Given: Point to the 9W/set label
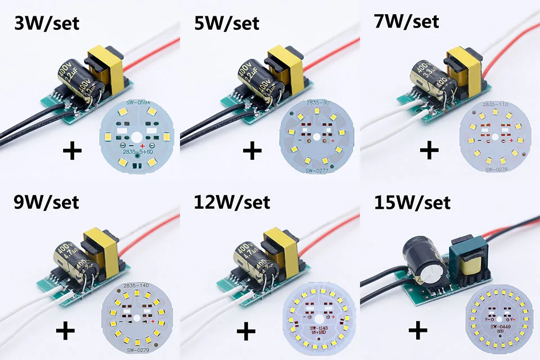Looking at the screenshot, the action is pos(47,201).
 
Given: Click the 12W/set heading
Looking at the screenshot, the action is pos(231,201).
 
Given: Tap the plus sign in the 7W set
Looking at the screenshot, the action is pos(429,150).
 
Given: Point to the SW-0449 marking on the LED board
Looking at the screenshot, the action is pos(497,326).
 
